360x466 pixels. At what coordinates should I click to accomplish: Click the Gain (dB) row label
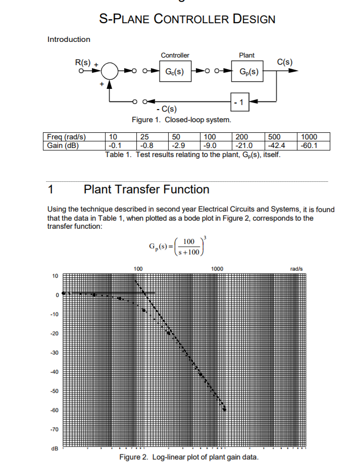64,146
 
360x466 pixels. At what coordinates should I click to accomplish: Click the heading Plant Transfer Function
146,189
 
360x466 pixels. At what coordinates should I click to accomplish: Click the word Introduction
69,39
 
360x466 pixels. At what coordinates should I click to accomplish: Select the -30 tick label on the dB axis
54,353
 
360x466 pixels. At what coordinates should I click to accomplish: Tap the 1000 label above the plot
217,269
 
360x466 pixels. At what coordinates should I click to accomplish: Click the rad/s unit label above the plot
296,269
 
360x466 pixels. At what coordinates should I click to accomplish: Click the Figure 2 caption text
188,457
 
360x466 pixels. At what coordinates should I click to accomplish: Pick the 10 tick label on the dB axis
55,276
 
